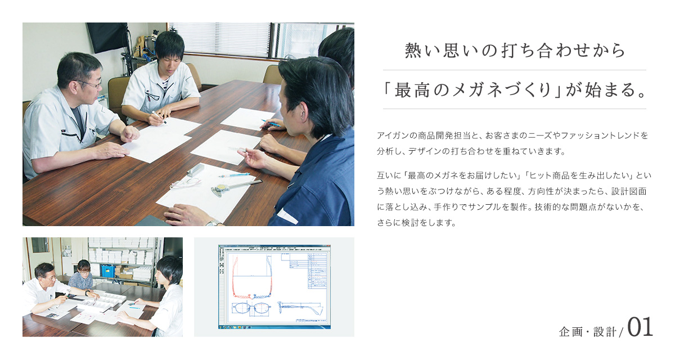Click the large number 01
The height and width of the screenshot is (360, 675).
pyautogui.click(x=640, y=327)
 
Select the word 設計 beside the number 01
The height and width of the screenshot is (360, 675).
pyautogui.click(x=605, y=332)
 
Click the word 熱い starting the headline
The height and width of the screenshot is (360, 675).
pyautogui.click(x=424, y=50)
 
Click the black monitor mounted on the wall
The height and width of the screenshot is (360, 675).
pyautogui.click(x=107, y=37)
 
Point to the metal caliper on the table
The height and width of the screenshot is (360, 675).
pyautogui.click(x=236, y=187)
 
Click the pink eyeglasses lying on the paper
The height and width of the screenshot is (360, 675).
pyautogui.click(x=185, y=183)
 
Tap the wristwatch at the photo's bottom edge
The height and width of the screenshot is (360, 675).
pyautogui.click(x=214, y=223)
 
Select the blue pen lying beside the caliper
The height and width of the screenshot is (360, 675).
pyautogui.click(x=234, y=175)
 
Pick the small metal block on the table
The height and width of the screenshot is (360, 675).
pyautogui.click(x=195, y=170)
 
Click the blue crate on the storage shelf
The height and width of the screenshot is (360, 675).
pyautogui.click(x=107, y=271)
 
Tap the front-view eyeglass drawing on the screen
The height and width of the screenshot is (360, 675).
pyautogui.click(x=251, y=308)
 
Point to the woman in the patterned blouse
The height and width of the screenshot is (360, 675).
pyautogui.click(x=81, y=274)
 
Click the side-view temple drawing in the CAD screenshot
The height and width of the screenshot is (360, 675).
pyautogui.click(x=301, y=308)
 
